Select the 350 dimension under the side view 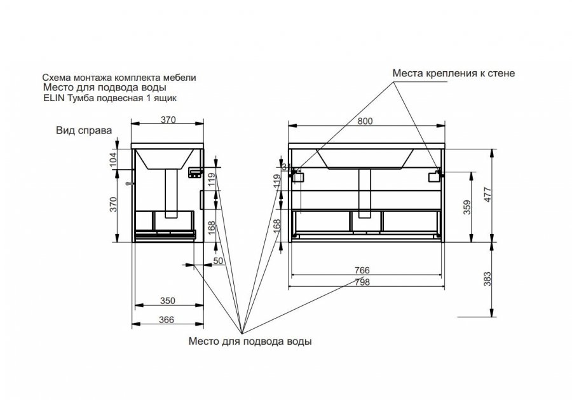(167, 300)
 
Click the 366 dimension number (167, 321)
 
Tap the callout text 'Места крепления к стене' (453, 74)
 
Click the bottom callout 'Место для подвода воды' (250, 341)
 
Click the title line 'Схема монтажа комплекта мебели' (118, 77)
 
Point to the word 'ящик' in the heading (172, 98)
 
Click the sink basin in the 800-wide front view (365, 159)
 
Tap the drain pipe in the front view (365, 191)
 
